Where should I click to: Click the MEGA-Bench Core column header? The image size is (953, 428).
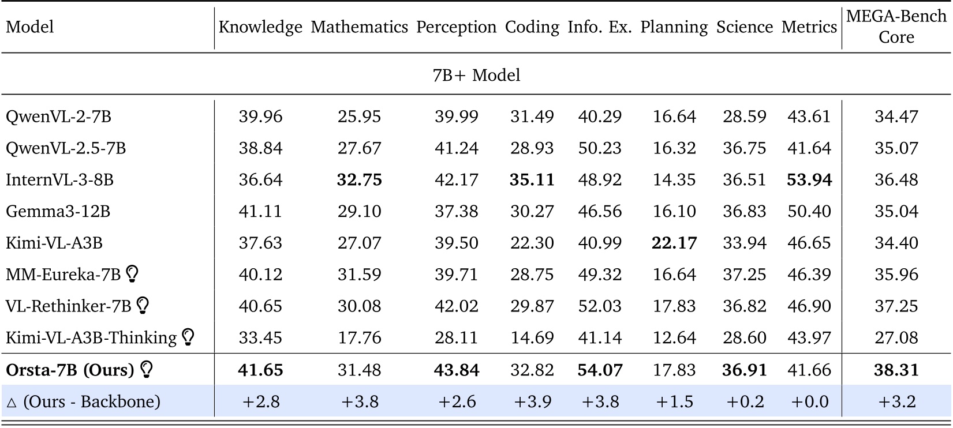pos(896,27)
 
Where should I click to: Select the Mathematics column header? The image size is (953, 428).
pos(359,27)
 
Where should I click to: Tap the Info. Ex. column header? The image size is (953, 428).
pos(600,27)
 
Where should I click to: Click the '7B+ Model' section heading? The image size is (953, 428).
pos(476,75)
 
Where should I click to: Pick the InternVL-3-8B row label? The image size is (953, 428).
pos(59,180)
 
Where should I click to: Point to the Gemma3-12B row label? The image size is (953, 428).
pos(58,211)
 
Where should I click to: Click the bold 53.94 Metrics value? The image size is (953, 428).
pos(809,180)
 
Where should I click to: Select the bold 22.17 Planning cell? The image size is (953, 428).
pos(674,243)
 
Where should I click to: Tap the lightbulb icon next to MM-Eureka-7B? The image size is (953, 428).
pos(132,273)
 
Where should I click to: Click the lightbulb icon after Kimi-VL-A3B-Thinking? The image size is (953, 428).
pos(188,337)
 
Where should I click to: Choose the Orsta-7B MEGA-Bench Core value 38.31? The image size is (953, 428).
pos(896,370)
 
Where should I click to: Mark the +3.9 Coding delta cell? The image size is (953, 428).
pos(532,401)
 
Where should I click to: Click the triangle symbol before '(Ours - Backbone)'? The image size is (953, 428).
pos(12,403)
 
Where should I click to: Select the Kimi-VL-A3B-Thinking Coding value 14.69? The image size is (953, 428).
pos(532,337)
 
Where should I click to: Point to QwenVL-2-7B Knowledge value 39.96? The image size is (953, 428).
pos(260,117)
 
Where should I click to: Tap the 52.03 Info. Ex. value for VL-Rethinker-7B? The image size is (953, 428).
pos(600,306)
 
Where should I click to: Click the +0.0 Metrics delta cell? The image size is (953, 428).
pos(809,401)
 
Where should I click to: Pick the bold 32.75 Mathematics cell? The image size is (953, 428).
pos(359,180)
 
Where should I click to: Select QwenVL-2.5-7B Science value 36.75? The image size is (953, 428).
pos(744,148)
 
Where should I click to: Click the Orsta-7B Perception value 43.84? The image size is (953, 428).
pos(456,370)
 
